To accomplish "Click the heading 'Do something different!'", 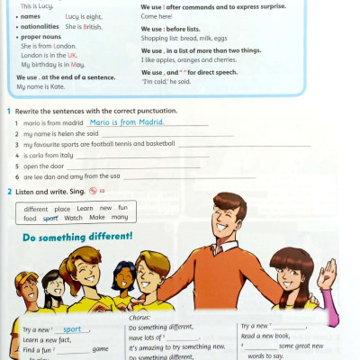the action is click(x=77, y=237).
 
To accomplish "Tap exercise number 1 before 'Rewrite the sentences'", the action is click(x=8, y=110).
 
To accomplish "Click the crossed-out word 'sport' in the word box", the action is click(x=50, y=218).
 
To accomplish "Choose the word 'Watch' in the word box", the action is click(x=73, y=218).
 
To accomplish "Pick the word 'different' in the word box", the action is click(x=36, y=208).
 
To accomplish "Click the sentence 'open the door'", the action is click(x=42, y=166).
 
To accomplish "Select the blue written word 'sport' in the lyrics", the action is click(x=77, y=329).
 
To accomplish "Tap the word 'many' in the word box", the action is click(x=120, y=218).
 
